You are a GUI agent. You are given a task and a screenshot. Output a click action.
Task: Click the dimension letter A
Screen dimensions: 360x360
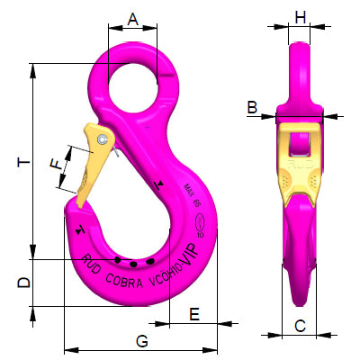[x=133, y=18]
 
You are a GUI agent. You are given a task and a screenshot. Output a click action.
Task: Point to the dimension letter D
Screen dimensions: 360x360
[x=24, y=283]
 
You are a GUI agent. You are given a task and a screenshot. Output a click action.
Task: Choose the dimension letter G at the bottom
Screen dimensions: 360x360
[x=141, y=340]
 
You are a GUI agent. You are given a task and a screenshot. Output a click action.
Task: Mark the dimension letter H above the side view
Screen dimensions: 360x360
[x=301, y=17]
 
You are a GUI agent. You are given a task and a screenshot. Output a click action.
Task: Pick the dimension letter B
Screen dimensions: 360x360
[x=252, y=108]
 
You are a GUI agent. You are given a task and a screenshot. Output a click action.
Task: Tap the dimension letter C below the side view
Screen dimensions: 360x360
[x=301, y=326]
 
